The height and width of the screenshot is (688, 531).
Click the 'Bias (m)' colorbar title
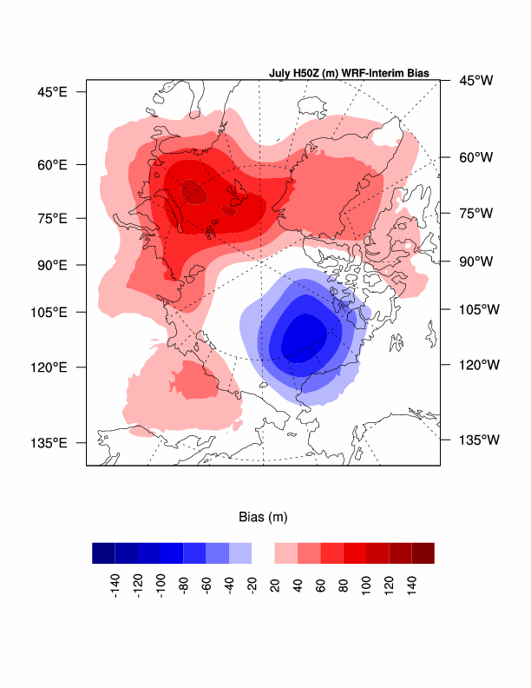tap(263, 517)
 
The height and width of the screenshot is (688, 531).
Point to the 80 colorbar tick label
tap(344, 580)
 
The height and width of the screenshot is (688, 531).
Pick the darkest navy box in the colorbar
tap(103, 553)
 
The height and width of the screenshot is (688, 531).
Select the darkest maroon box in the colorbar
tap(423, 553)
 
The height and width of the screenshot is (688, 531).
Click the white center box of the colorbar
tap(263, 553)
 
